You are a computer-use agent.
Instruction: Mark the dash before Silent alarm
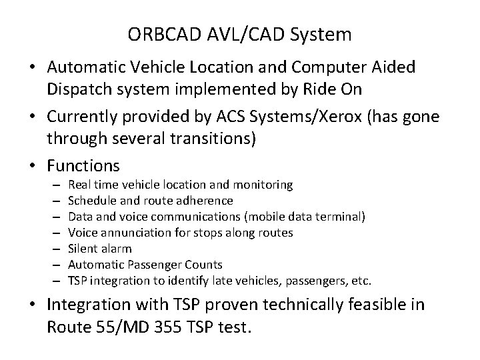54,249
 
